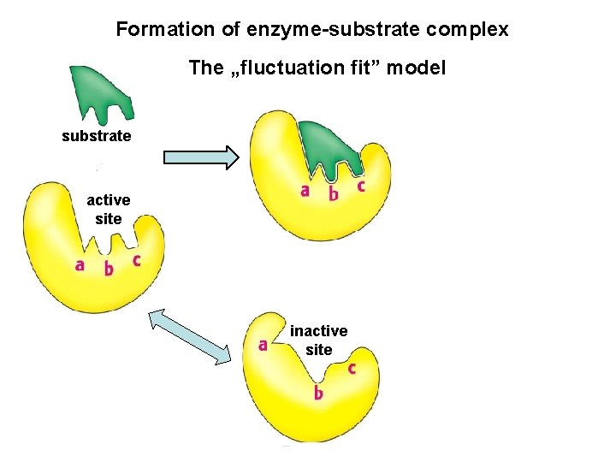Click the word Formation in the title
pyautogui.click(x=155, y=30)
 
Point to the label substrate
pyautogui.click(x=96, y=136)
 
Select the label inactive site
pyautogui.click(x=318, y=340)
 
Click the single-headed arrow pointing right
pyautogui.click(x=200, y=157)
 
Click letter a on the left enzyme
pyautogui.click(x=80, y=265)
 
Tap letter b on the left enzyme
pyautogui.click(x=108, y=269)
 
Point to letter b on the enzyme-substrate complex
pyautogui.click(x=333, y=193)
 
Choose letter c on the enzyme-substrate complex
pyautogui.click(x=361, y=186)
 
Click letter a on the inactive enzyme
pyautogui.click(x=263, y=346)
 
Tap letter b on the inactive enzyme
pyautogui.click(x=317, y=393)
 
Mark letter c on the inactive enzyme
pyautogui.click(x=351, y=369)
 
